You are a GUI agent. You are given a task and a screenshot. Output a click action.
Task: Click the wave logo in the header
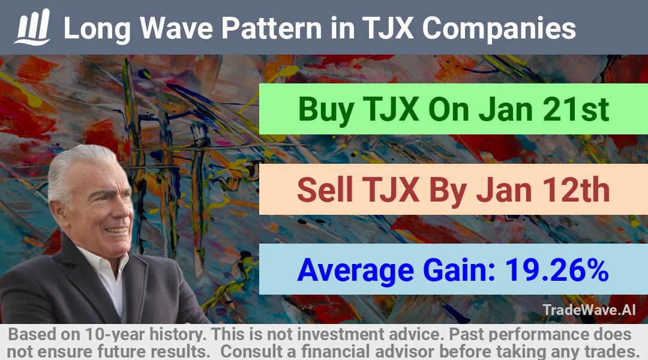pyautogui.click(x=32, y=27)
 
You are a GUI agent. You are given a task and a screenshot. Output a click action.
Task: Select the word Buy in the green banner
pyautogui.click(x=326, y=110)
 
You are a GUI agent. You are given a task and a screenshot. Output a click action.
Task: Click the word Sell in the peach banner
pyautogui.click(x=325, y=190)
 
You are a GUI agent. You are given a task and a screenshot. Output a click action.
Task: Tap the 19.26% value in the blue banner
pyautogui.click(x=557, y=270)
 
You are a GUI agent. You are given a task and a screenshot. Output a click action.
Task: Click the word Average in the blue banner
pyautogui.click(x=355, y=271)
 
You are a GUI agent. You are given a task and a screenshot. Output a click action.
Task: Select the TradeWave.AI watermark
pyautogui.click(x=589, y=310)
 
